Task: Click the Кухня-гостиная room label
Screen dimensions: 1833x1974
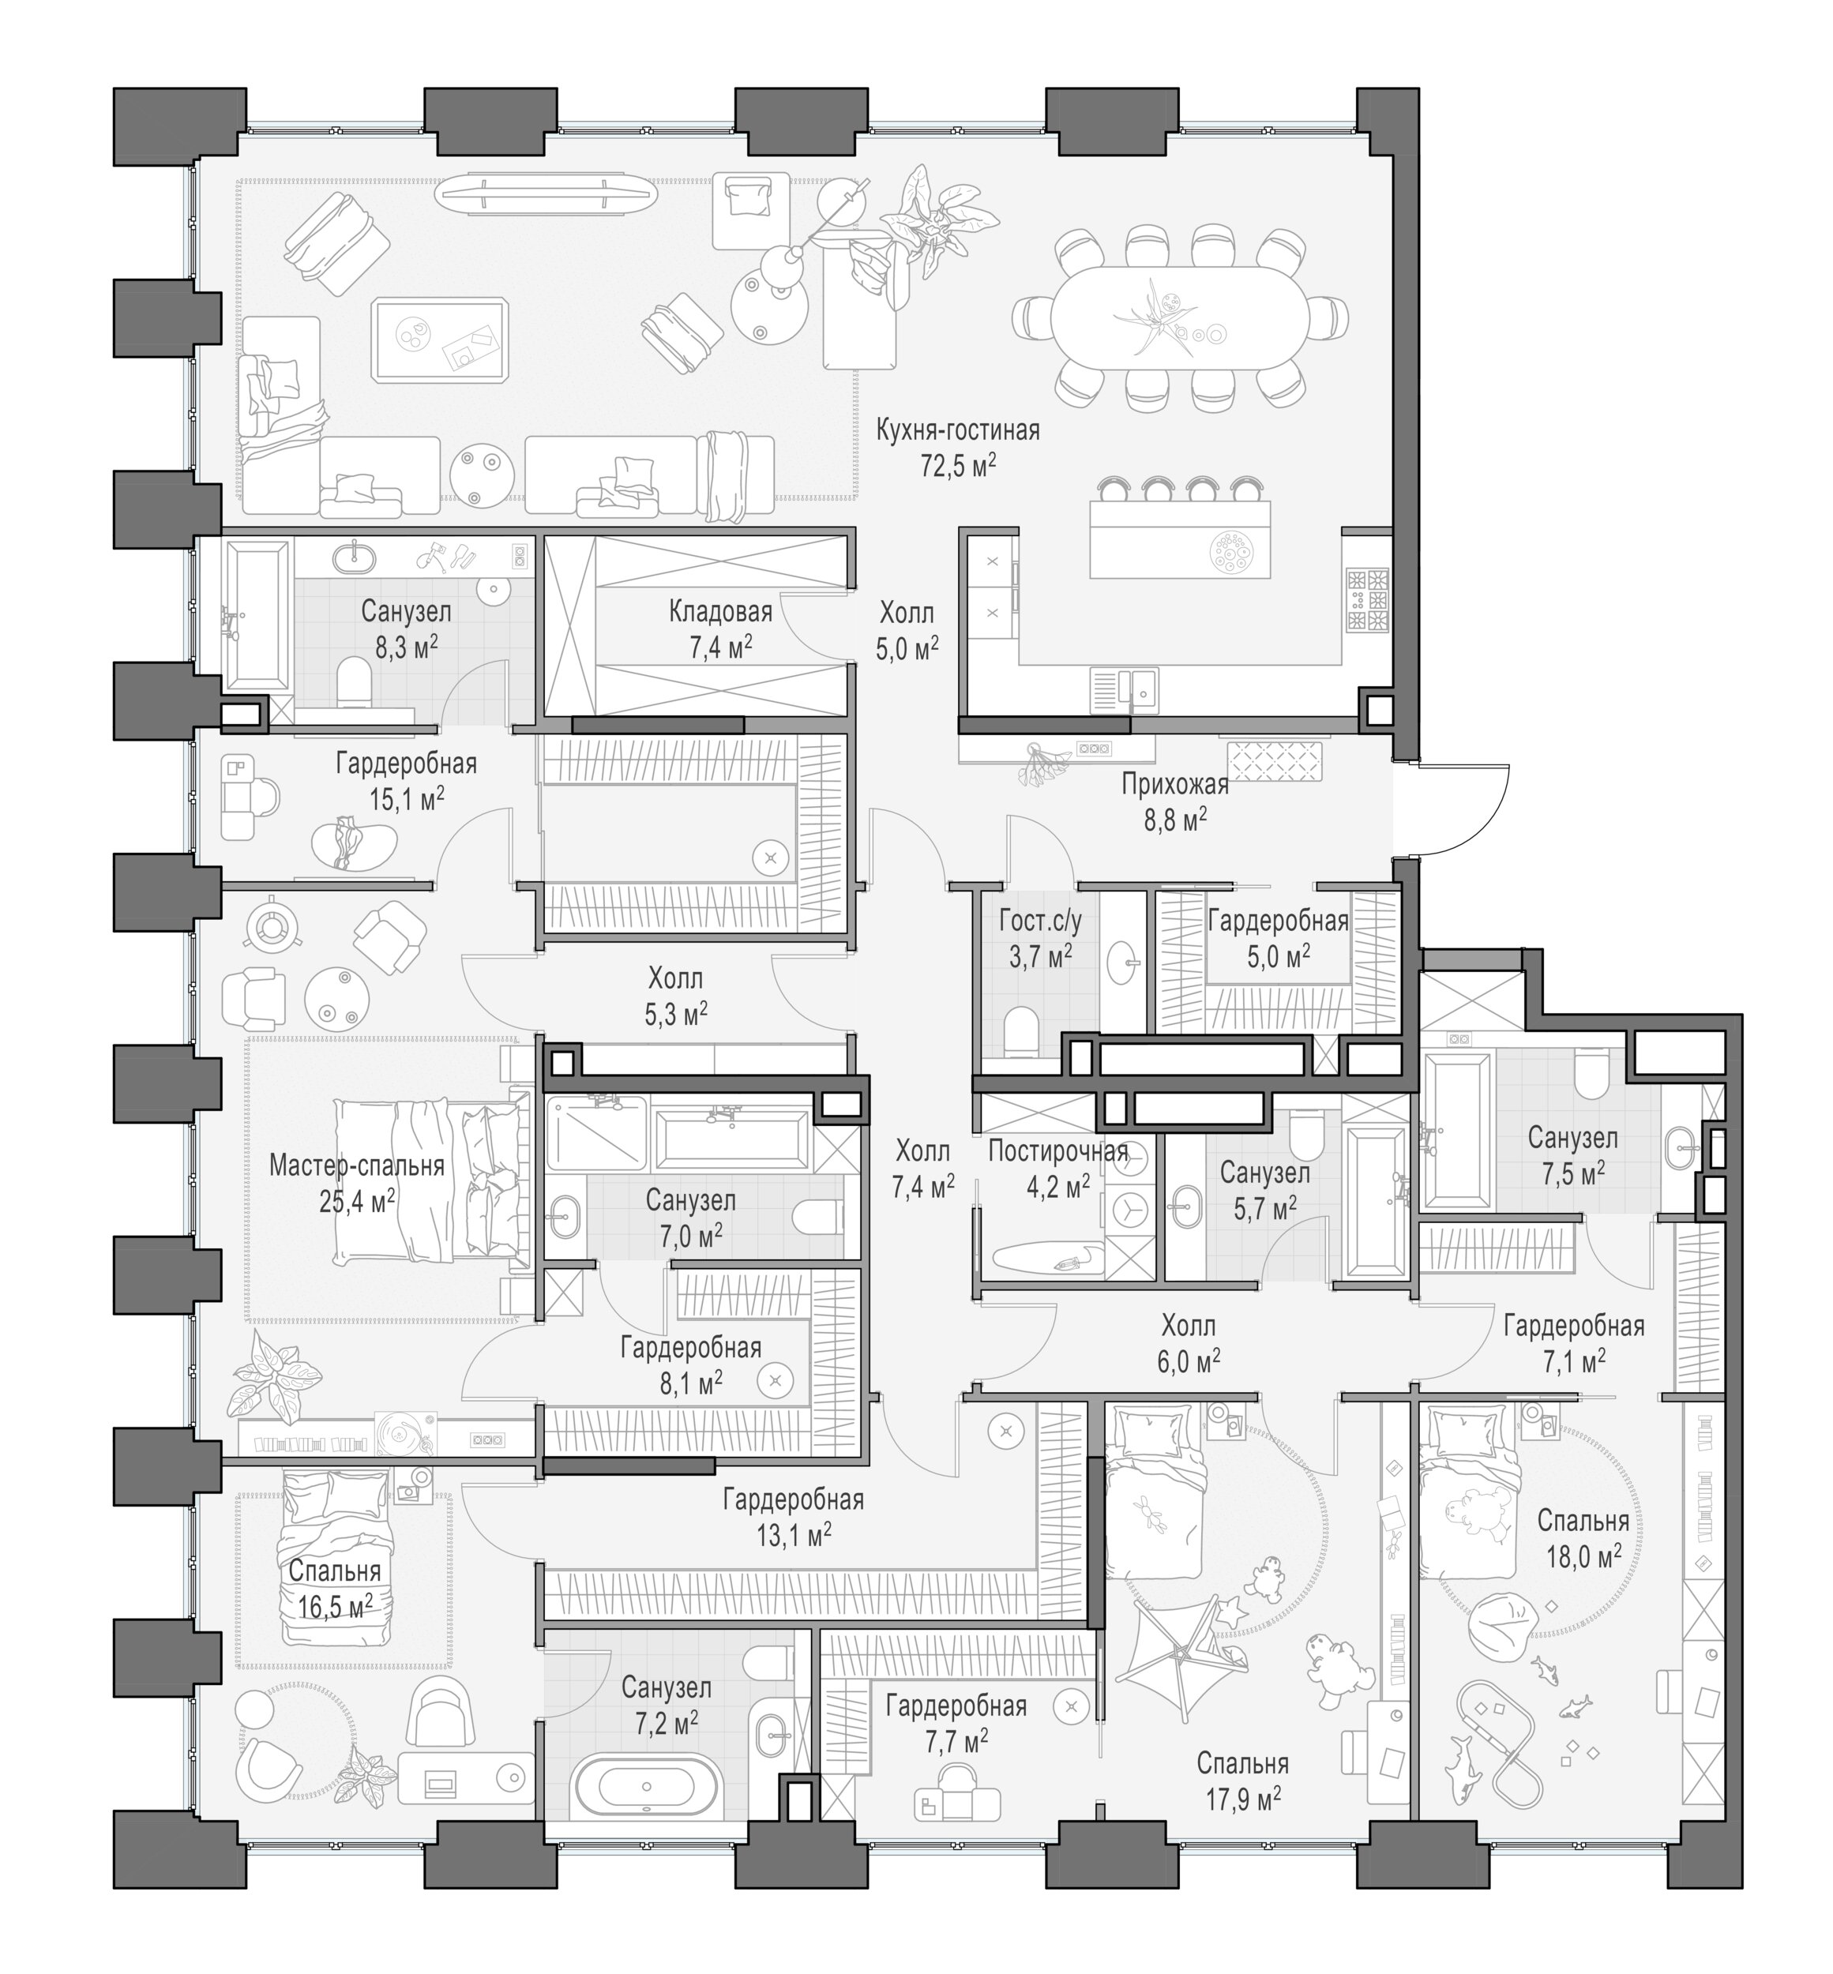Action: point(958,430)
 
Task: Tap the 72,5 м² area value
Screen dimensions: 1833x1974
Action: point(958,465)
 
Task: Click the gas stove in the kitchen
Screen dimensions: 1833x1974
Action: point(1368,600)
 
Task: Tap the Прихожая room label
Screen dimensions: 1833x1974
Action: point(1175,785)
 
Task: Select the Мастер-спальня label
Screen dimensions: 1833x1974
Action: point(357,1165)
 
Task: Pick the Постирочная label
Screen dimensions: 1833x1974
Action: point(1058,1151)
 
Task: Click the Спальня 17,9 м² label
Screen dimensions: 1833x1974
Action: point(1243,1764)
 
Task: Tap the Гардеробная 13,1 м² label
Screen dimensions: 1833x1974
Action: point(793,1500)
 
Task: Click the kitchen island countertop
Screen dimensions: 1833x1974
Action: point(1179,539)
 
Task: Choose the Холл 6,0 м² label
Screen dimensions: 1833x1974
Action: point(1189,1326)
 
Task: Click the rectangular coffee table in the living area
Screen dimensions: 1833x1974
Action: point(441,340)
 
